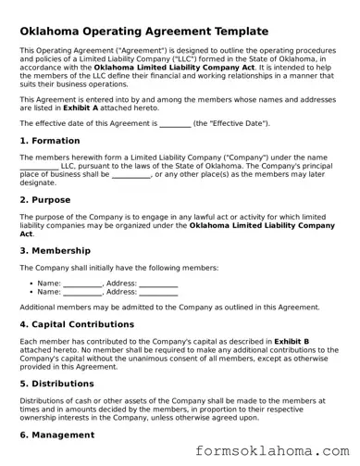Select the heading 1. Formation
tap(51, 141)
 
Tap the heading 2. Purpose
tap(45, 199)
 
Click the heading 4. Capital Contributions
tap(77, 324)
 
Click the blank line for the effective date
tap(175, 123)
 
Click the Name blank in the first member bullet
tap(83, 283)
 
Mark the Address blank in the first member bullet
tap(158, 283)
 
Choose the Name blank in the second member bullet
tap(83, 292)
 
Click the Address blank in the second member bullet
tap(158, 292)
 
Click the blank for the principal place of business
tap(130, 174)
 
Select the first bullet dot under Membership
tap(32, 283)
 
